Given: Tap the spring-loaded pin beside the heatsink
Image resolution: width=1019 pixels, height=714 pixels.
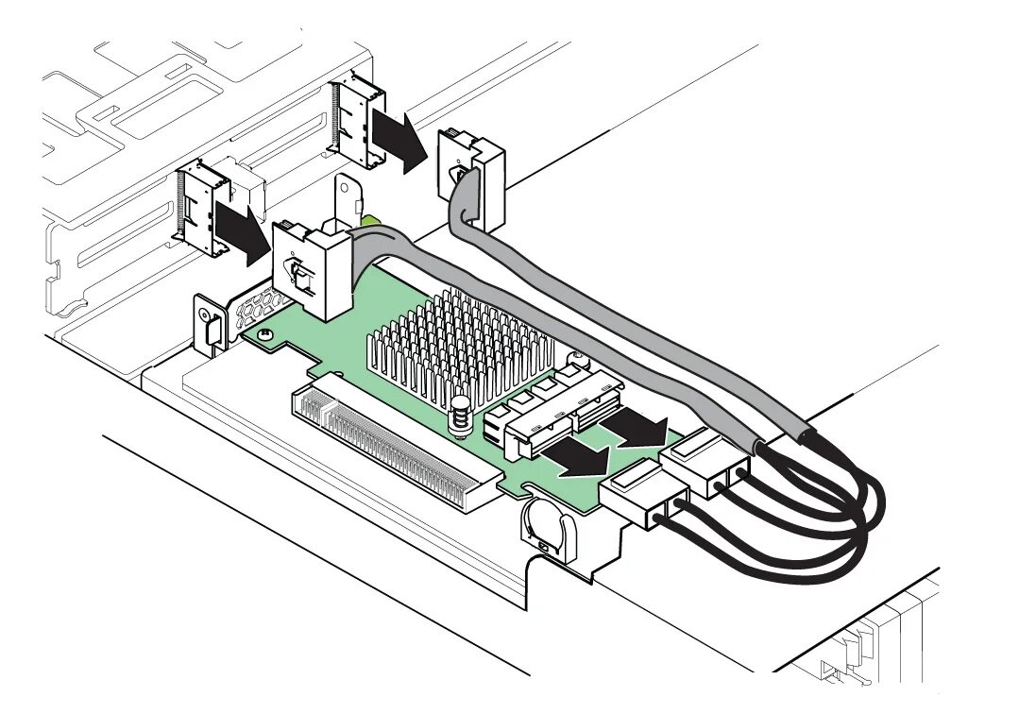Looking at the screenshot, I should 461,416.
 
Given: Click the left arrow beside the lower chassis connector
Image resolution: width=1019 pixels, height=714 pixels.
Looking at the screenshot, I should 240,227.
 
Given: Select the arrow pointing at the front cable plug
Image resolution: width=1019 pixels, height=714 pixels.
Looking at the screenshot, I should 578,458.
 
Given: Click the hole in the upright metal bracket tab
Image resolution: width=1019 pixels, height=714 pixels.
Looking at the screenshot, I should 351,201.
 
